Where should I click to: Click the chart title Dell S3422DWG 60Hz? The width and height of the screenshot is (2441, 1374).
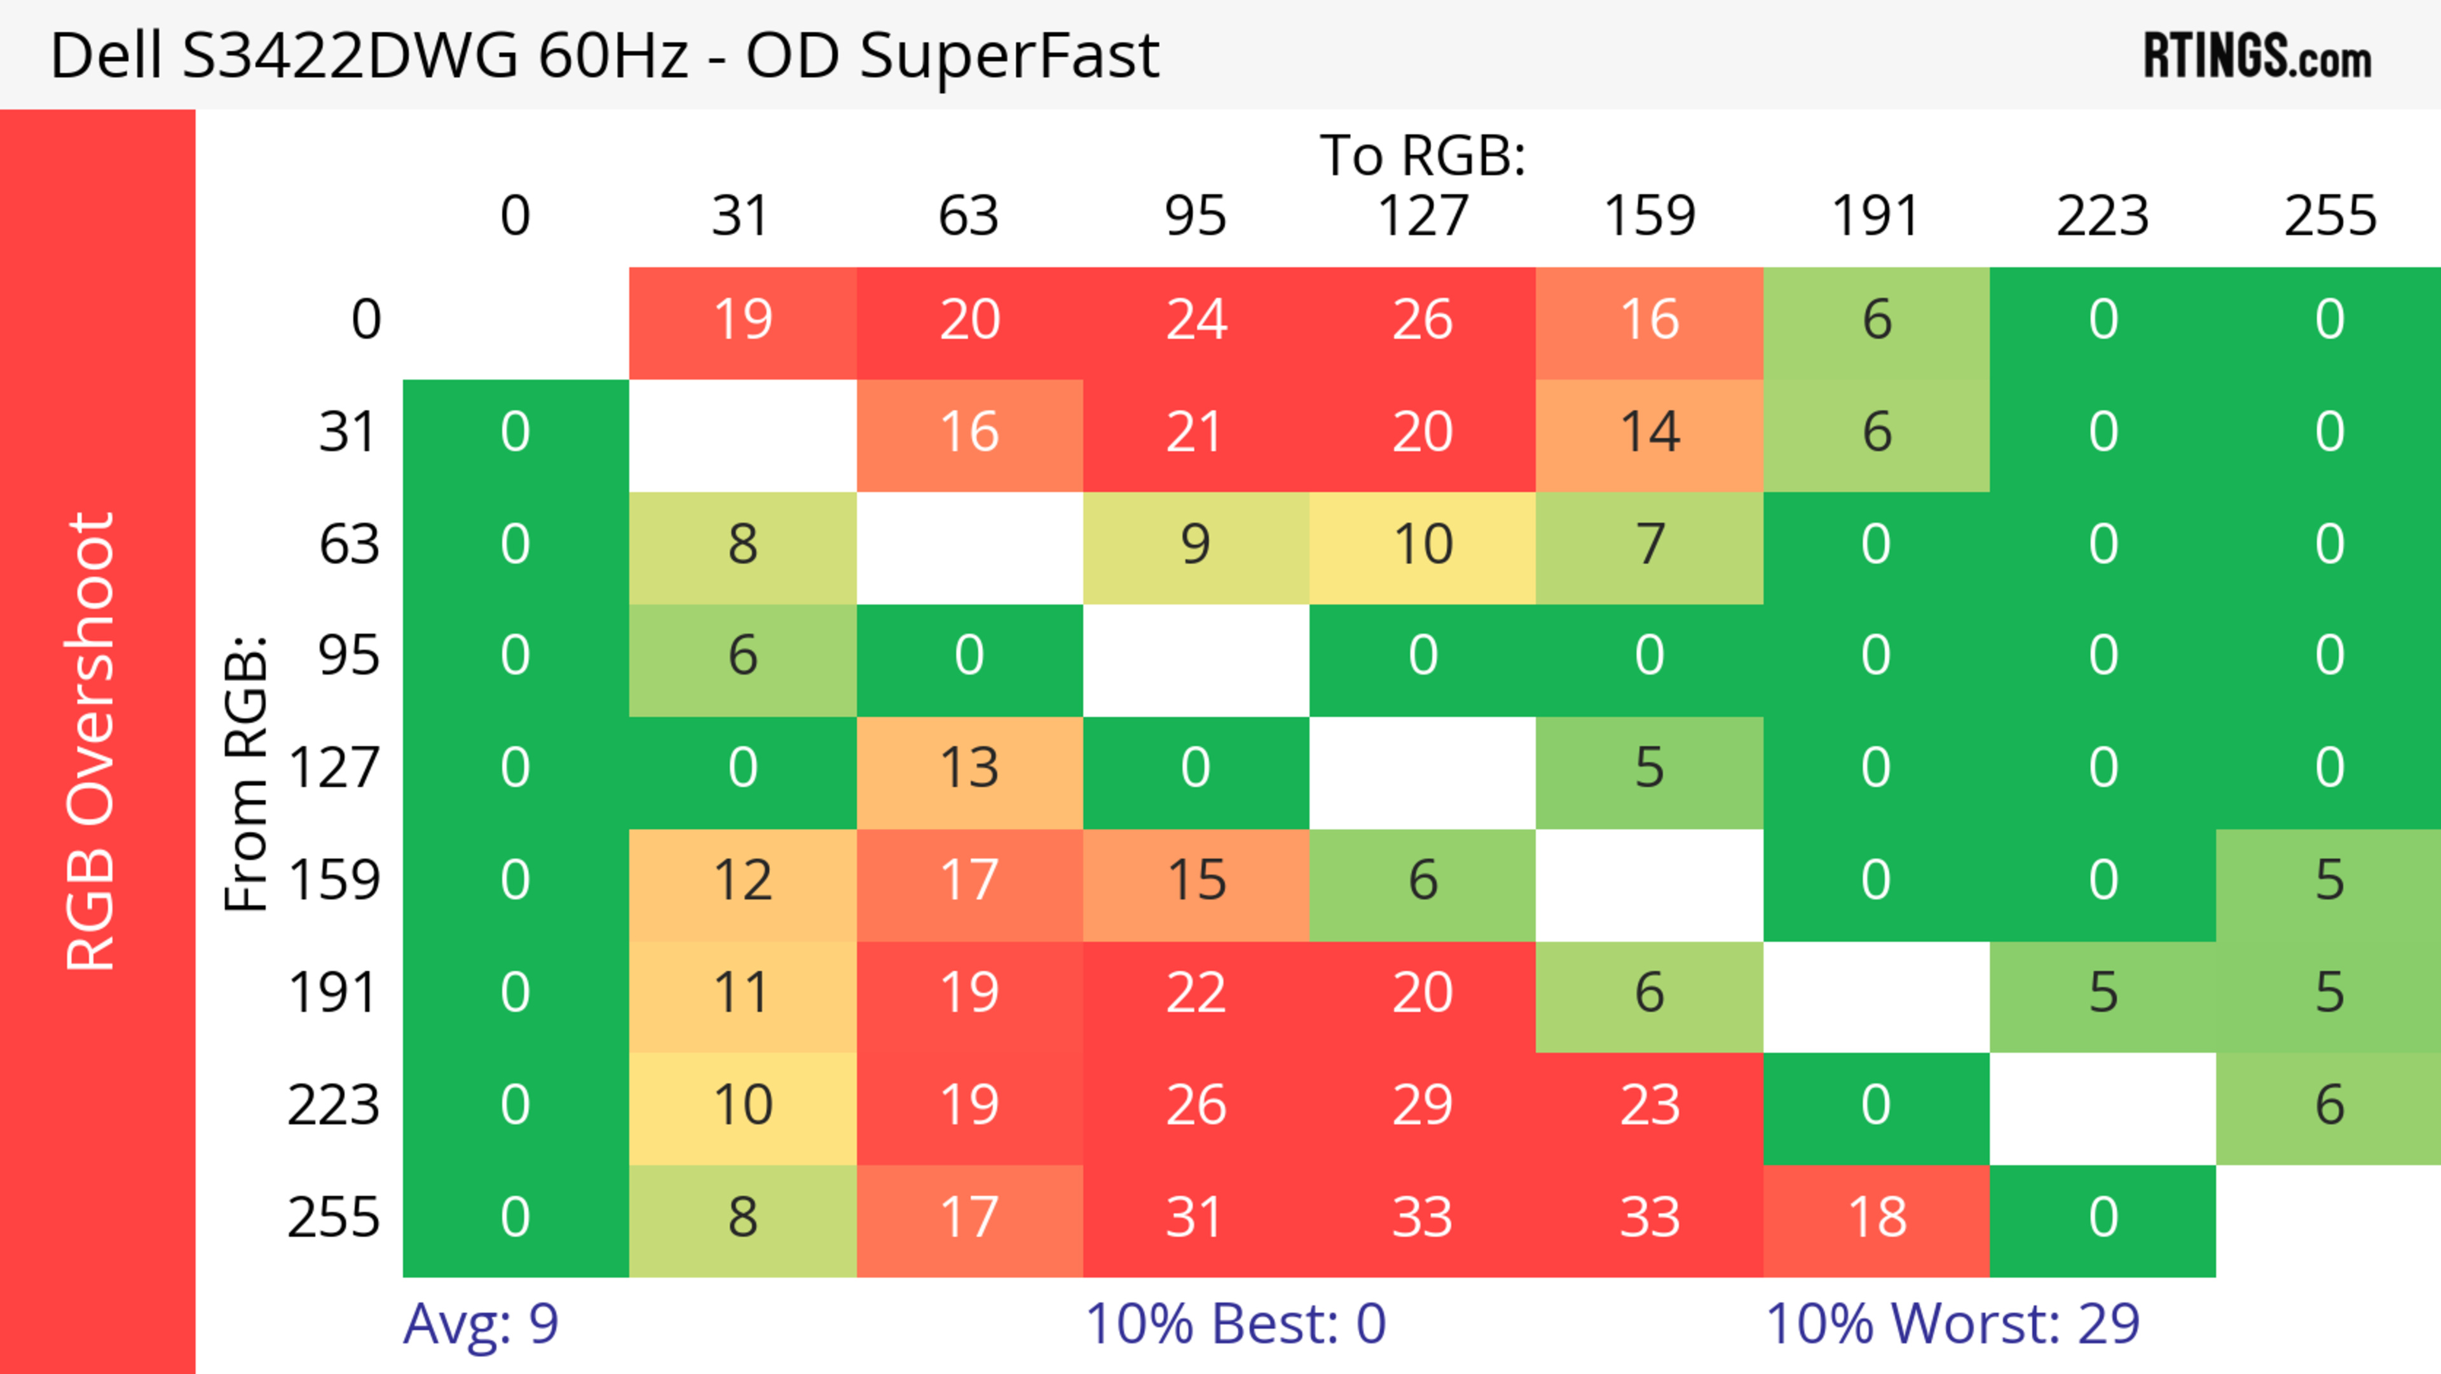tap(604, 55)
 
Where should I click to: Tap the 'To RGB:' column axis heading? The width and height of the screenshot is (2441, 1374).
tap(1423, 155)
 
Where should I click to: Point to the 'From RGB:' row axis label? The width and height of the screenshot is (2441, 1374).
tap(247, 773)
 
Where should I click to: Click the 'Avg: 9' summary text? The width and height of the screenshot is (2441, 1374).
tap(481, 1323)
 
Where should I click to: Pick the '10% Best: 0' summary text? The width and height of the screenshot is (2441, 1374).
tap(1234, 1323)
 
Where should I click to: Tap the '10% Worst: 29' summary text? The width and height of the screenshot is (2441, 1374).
tap(1952, 1323)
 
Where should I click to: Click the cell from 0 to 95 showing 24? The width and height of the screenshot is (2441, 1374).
tap(1196, 319)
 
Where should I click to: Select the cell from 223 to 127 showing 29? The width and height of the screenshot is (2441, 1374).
tap(1423, 1105)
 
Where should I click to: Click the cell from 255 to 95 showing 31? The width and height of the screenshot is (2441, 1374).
tap(1196, 1218)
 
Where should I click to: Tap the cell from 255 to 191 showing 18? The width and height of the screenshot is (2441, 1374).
tap(1877, 1218)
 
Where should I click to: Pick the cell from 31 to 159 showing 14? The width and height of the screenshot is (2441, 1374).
tap(1650, 432)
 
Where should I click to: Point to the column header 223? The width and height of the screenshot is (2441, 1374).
tap(2103, 216)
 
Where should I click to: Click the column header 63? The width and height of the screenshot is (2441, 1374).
tap(968, 216)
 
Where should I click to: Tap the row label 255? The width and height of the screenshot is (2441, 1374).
tap(334, 1218)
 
